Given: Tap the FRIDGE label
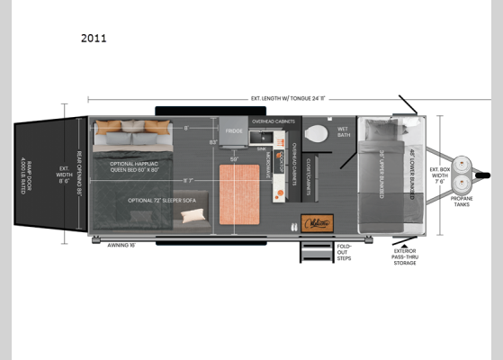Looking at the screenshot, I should point(234,131).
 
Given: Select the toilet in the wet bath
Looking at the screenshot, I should point(317,134).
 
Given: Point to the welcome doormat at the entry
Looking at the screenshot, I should point(317,222).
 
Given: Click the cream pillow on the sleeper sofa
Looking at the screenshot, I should point(193,216).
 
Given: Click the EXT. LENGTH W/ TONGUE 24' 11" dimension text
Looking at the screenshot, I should point(258,97).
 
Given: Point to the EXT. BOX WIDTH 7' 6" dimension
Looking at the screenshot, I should point(440,175).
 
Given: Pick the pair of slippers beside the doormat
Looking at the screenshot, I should point(294,226).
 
